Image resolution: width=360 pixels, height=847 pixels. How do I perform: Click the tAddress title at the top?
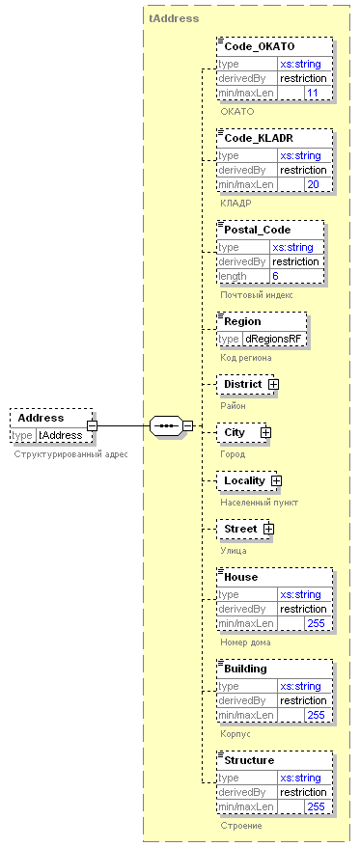click(174, 18)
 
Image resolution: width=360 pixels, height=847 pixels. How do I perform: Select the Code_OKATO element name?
click(260, 46)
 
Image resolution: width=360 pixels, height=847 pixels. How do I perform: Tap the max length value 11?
click(312, 93)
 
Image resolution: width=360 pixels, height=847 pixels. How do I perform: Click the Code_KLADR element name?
click(259, 138)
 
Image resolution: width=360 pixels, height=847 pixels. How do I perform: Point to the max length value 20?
click(313, 185)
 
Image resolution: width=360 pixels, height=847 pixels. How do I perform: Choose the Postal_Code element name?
click(258, 230)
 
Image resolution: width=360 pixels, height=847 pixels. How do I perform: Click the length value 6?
click(275, 276)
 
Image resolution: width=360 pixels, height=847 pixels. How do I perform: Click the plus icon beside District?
click(273, 385)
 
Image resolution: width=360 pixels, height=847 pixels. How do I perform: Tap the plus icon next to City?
click(265, 433)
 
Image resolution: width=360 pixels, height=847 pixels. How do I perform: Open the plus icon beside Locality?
click(276, 480)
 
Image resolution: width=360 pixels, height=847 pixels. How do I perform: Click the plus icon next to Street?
click(268, 530)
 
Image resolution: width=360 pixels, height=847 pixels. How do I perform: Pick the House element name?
click(241, 577)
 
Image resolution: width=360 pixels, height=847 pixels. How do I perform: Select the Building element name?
click(245, 669)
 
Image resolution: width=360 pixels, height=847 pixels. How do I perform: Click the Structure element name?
click(249, 760)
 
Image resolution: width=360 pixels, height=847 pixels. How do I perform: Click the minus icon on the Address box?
click(93, 426)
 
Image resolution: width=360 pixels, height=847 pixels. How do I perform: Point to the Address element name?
click(41, 418)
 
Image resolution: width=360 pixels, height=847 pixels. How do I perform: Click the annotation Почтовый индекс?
click(256, 295)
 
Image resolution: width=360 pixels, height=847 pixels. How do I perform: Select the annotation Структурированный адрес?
click(70, 454)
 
